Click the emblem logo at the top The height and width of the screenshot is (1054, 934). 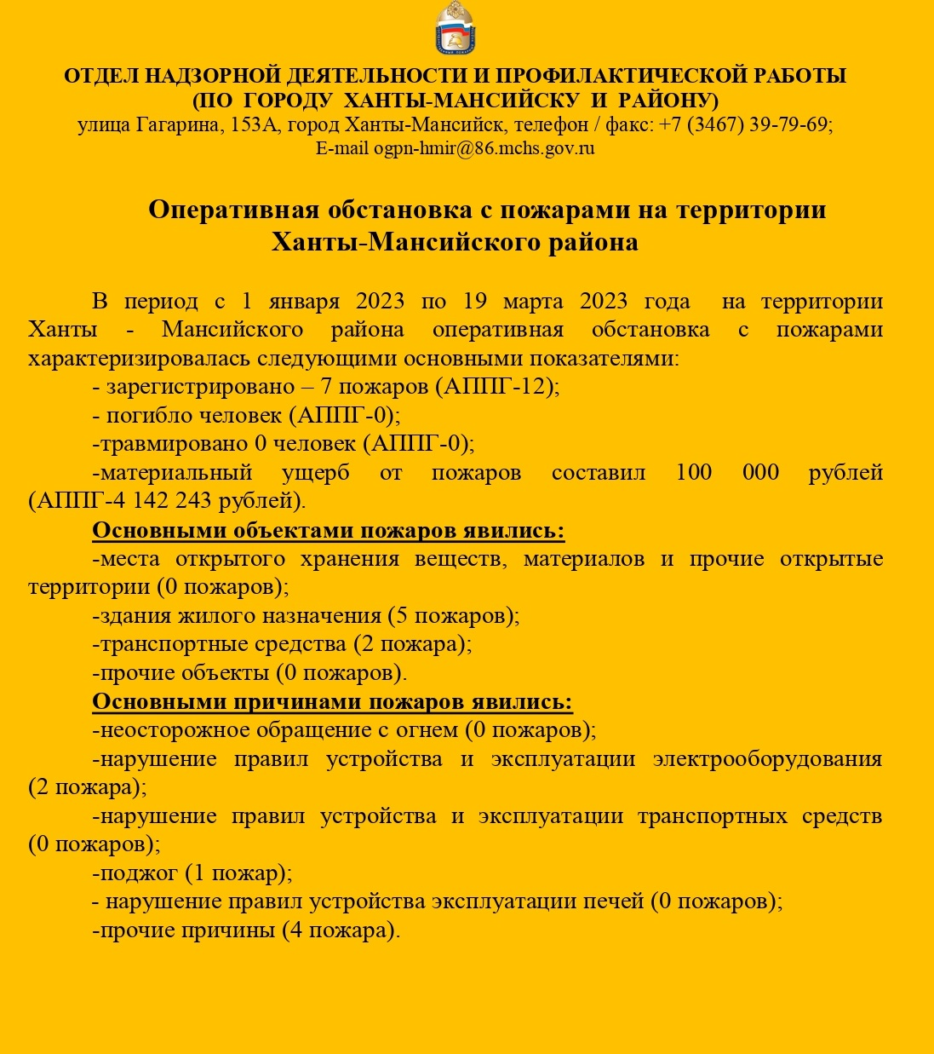456,29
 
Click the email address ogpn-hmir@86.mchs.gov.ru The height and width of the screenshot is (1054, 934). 484,148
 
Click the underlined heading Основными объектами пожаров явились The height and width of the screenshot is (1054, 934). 328,531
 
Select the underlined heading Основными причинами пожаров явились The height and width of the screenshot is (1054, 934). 332,702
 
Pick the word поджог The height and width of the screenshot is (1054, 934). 140,873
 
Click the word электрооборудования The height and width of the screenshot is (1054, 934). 767,759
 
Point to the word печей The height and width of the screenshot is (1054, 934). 613,901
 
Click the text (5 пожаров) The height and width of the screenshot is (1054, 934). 453,615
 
